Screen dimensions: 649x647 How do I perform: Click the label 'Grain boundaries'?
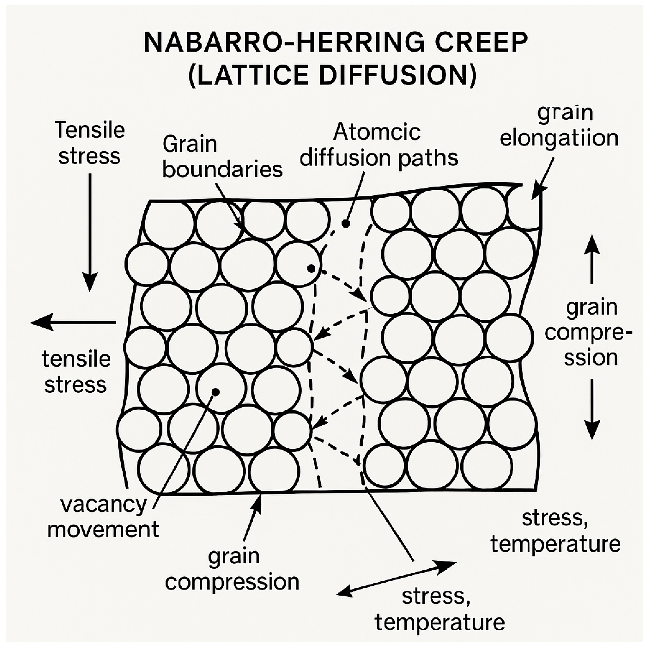click(222, 157)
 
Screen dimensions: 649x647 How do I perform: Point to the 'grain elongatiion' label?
click(559, 126)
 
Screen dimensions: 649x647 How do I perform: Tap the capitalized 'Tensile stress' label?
click(89, 143)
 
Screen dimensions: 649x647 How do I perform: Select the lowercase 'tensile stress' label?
click(76, 372)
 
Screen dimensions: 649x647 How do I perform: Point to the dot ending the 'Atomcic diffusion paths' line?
click(345, 223)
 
